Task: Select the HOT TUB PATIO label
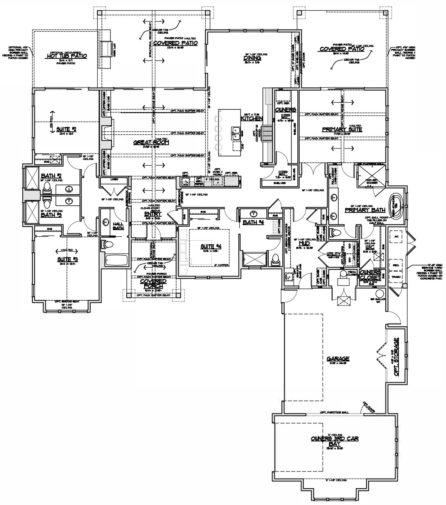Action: tap(67, 56)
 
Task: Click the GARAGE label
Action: tap(338, 359)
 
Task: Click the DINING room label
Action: tap(252, 58)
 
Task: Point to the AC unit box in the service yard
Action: tap(396, 236)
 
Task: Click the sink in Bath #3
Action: tap(69, 201)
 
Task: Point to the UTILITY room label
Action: tap(332, 254)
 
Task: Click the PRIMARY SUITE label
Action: tap(342, 130)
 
